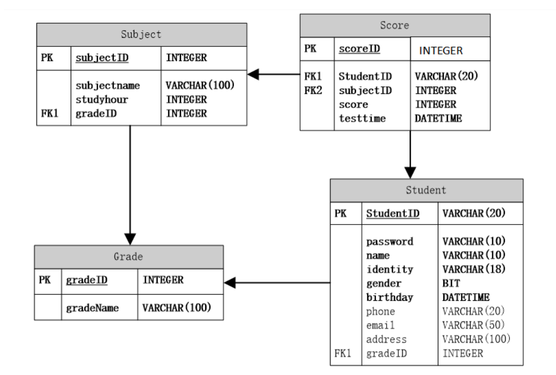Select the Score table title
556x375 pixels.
[394, 25]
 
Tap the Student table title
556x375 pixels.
[426, 191]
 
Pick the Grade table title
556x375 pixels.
[128, 256]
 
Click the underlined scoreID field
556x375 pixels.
[359, 49]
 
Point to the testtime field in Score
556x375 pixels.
[362, 118]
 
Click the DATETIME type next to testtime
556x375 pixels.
[438, 118]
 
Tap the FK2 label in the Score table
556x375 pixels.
[313, 91]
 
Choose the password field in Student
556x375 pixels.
[390, 241]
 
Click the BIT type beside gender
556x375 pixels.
[450, 283]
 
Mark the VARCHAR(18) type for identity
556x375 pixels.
[474, 269]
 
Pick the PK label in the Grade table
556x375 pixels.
[45, 280]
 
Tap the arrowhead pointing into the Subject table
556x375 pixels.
[253, 75]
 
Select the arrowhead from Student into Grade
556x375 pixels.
[230, 283]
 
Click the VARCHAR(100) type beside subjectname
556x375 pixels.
[200, 85]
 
